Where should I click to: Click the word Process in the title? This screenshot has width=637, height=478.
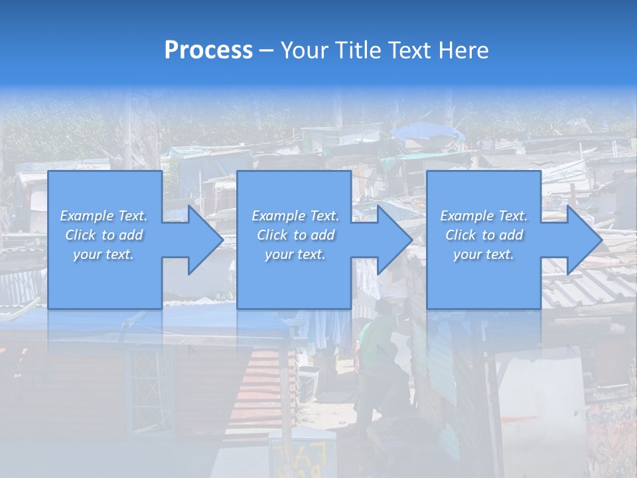[x=208, y=50]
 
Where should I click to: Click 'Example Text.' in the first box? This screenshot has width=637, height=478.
[x=104, y=216]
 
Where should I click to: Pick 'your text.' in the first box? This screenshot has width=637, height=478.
[x=104, y=254]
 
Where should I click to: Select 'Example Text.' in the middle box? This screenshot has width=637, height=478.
[x=295, y=216]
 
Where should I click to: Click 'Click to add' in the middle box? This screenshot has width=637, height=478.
[x=295, y=235]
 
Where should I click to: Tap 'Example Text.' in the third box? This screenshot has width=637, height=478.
[x=484, y=216]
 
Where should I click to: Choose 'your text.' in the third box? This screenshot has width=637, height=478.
[x=484, y=254]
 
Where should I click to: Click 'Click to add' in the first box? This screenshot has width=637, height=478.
[x=104, y=235]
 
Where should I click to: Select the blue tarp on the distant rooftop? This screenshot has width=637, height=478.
[x=428, y=131]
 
